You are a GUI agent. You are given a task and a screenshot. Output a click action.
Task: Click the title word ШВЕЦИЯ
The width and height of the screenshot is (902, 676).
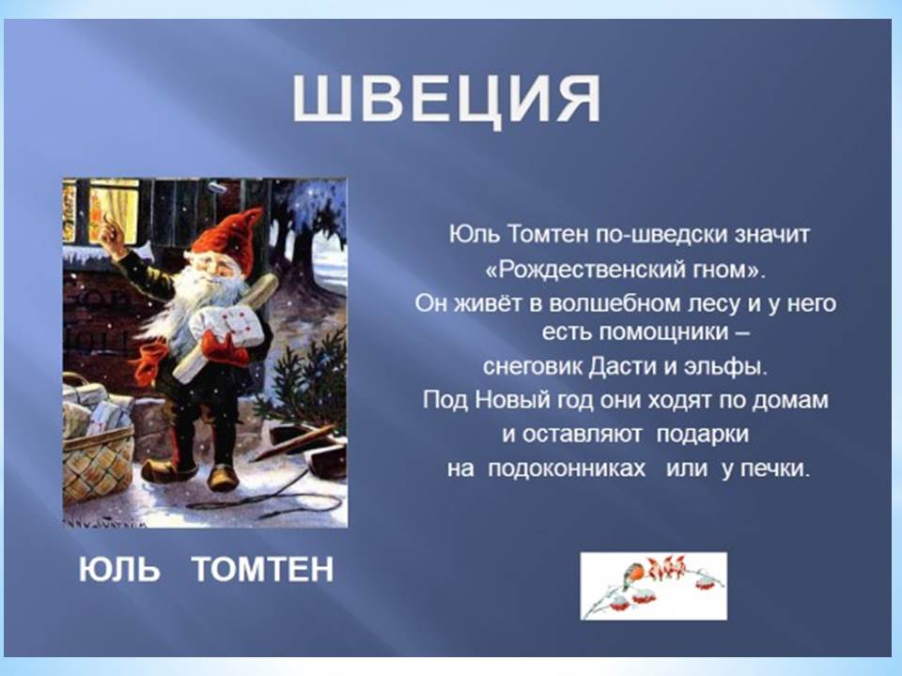pos(447,99)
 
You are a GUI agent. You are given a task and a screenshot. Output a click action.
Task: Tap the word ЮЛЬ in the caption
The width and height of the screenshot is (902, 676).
pos(119,569)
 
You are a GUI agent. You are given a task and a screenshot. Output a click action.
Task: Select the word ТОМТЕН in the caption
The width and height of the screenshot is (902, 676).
pos(263,569)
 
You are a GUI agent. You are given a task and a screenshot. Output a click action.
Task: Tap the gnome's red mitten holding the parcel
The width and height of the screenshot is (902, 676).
pos(224,346)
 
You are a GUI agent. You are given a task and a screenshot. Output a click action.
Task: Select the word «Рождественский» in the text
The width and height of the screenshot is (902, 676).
pos(582,269)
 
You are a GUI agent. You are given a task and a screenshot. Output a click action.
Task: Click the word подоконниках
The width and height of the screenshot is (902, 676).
pos(567,469)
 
